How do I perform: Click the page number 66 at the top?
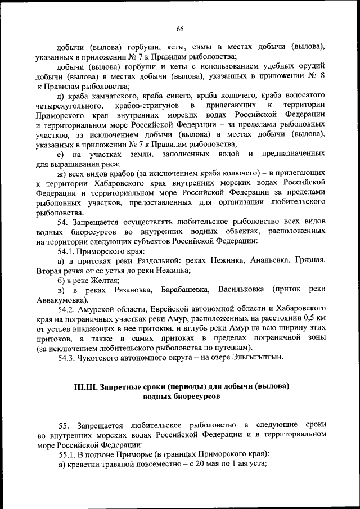click(x=180, y=29)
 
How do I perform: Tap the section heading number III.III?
click(x=85, y=387)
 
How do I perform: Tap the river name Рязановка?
click(x=128, y=289)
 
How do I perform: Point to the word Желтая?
click(x=105, y=280)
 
